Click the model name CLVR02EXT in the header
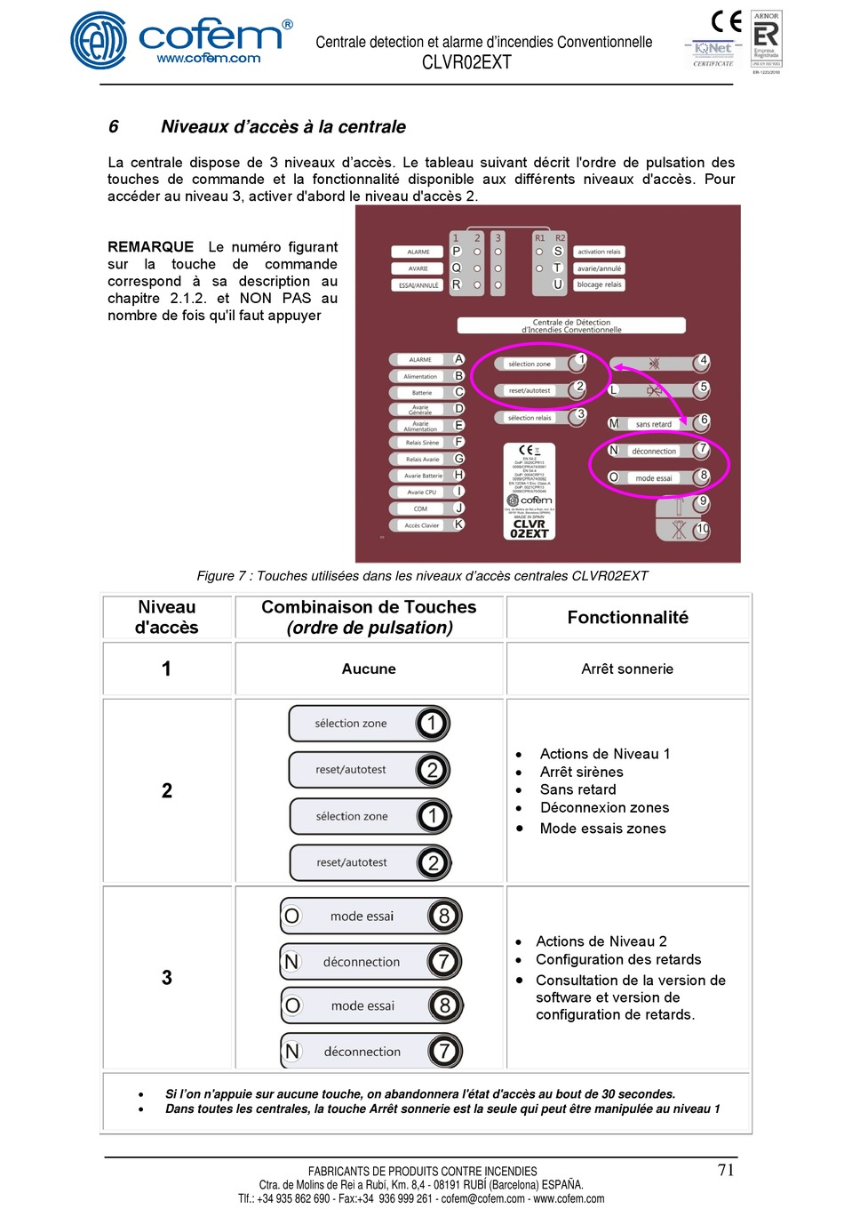pos(466,62)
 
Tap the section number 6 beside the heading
pos(114,127)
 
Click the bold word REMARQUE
pos(150,247)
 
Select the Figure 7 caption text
pos(422,576)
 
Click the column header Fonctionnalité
pos(627,617)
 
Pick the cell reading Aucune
pos(369,669)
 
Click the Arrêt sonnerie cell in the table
pos(627,669)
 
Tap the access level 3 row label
pos(167,978)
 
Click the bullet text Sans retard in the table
pos(577,789)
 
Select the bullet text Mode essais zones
pos(602,829)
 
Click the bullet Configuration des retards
pos(618,960)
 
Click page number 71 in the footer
pos(726,1170)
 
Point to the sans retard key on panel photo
pos(654,424)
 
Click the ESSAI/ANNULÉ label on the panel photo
pos(418,285)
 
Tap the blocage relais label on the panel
pos(599,284)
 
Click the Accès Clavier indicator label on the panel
pos(422,525)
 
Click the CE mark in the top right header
pos(726,21)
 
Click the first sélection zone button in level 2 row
pos(369,724)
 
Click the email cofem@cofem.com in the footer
pos(482,1198)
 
